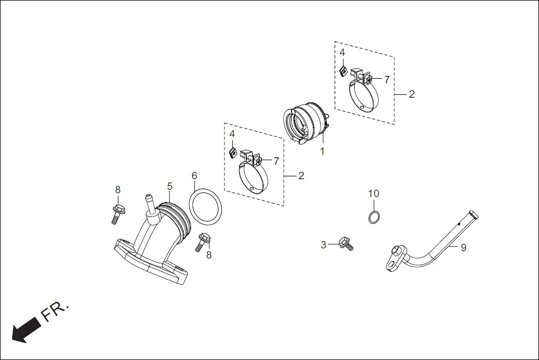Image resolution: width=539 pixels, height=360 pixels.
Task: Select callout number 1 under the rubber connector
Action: click(322, 151)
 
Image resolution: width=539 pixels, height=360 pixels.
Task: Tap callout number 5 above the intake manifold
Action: click(170, 185)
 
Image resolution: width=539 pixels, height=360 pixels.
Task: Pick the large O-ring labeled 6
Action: click(206, 205)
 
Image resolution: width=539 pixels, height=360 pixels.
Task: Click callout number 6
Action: click(194, 176)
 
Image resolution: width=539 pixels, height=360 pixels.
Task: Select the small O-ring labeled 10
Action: click(375, 217)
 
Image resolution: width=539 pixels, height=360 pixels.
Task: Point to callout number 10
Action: click(373, 194)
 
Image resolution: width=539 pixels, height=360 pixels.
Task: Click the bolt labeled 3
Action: click(346, 243)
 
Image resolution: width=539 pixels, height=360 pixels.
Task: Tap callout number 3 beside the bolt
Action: click(323, 244)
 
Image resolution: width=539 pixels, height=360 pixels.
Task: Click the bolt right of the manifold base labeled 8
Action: click(203, 241)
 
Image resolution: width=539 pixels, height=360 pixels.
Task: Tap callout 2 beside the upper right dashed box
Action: click(412, 94)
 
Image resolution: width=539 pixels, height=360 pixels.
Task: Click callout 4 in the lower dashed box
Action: click(232, 134)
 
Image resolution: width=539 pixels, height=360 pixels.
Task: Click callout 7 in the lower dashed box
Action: click(276, 161)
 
